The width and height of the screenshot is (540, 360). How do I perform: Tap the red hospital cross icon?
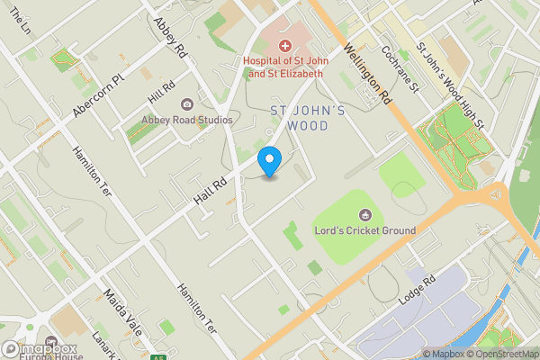pos(285,44)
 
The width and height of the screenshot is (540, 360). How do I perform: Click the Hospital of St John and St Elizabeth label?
pos(283,67)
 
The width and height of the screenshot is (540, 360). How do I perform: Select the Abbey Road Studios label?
pos(187,120)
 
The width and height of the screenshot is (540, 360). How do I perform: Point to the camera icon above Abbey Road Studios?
pos(187,104)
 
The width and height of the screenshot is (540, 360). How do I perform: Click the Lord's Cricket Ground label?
pos(364,230)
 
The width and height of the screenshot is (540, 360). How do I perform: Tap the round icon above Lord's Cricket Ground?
pos(364,214)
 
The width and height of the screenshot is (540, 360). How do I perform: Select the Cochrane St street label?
pos(402,69)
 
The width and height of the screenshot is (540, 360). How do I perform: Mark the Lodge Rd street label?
pos(418,293)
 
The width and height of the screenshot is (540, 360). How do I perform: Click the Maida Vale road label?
pos(122,311)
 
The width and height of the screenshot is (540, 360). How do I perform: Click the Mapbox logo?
pos(40,349)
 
